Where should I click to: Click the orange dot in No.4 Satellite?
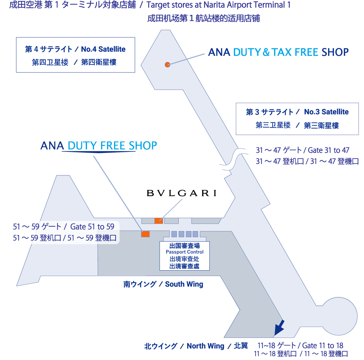[x=167, y=64]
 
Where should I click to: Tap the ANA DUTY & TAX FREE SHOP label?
[x=278, y=52]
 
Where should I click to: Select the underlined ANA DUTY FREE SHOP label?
[x=98, y=146]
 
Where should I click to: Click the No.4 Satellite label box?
[x=76, y=55]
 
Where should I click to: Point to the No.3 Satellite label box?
[x=297, y=119]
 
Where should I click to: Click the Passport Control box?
[x=185, y=256]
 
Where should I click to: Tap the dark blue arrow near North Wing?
[x=279, y=328]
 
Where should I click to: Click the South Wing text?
[x=184, y=284]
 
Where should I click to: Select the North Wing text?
[x=205, y=346]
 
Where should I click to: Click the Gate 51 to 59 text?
[x=92, y=227]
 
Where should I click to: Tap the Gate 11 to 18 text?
[x=323, y=345]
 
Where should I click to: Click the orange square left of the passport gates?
[x=145, y=234]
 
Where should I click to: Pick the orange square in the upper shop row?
[x=158, y=221]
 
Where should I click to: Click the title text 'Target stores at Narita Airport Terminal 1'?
[x=218, y=5]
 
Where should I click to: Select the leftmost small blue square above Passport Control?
[x=174, y=234]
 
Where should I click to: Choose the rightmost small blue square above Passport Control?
[x=195, y=234]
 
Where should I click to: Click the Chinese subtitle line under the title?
[x=204, y=18]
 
